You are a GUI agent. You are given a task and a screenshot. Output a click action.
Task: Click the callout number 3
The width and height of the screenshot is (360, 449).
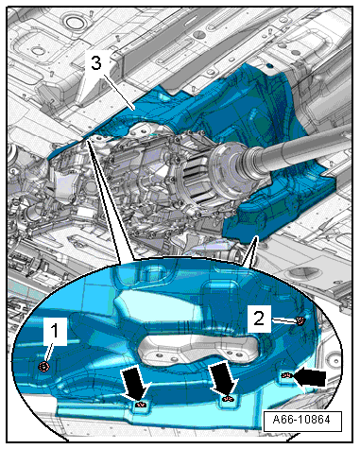96,62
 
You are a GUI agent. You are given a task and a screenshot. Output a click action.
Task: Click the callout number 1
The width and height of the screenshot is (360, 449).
55,331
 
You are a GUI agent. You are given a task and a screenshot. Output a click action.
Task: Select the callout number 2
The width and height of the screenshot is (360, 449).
259,319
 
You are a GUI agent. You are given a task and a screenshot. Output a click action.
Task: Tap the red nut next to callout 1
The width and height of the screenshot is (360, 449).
44,367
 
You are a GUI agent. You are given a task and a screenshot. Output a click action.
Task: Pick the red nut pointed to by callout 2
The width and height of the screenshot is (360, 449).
301,321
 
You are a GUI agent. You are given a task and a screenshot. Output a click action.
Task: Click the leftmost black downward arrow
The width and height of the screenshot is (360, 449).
134,383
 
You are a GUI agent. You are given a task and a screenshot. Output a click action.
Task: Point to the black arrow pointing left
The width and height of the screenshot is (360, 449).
310,377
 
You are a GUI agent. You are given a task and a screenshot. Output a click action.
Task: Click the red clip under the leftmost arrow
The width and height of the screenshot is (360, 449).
141,404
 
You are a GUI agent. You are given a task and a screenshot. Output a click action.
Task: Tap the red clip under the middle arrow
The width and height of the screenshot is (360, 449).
228,399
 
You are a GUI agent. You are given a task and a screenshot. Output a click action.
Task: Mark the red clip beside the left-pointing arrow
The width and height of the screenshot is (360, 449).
286,375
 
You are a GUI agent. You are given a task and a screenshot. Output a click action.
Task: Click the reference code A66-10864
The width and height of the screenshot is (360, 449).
302,420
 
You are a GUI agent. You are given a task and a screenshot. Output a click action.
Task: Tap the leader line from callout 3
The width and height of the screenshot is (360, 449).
119,93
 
